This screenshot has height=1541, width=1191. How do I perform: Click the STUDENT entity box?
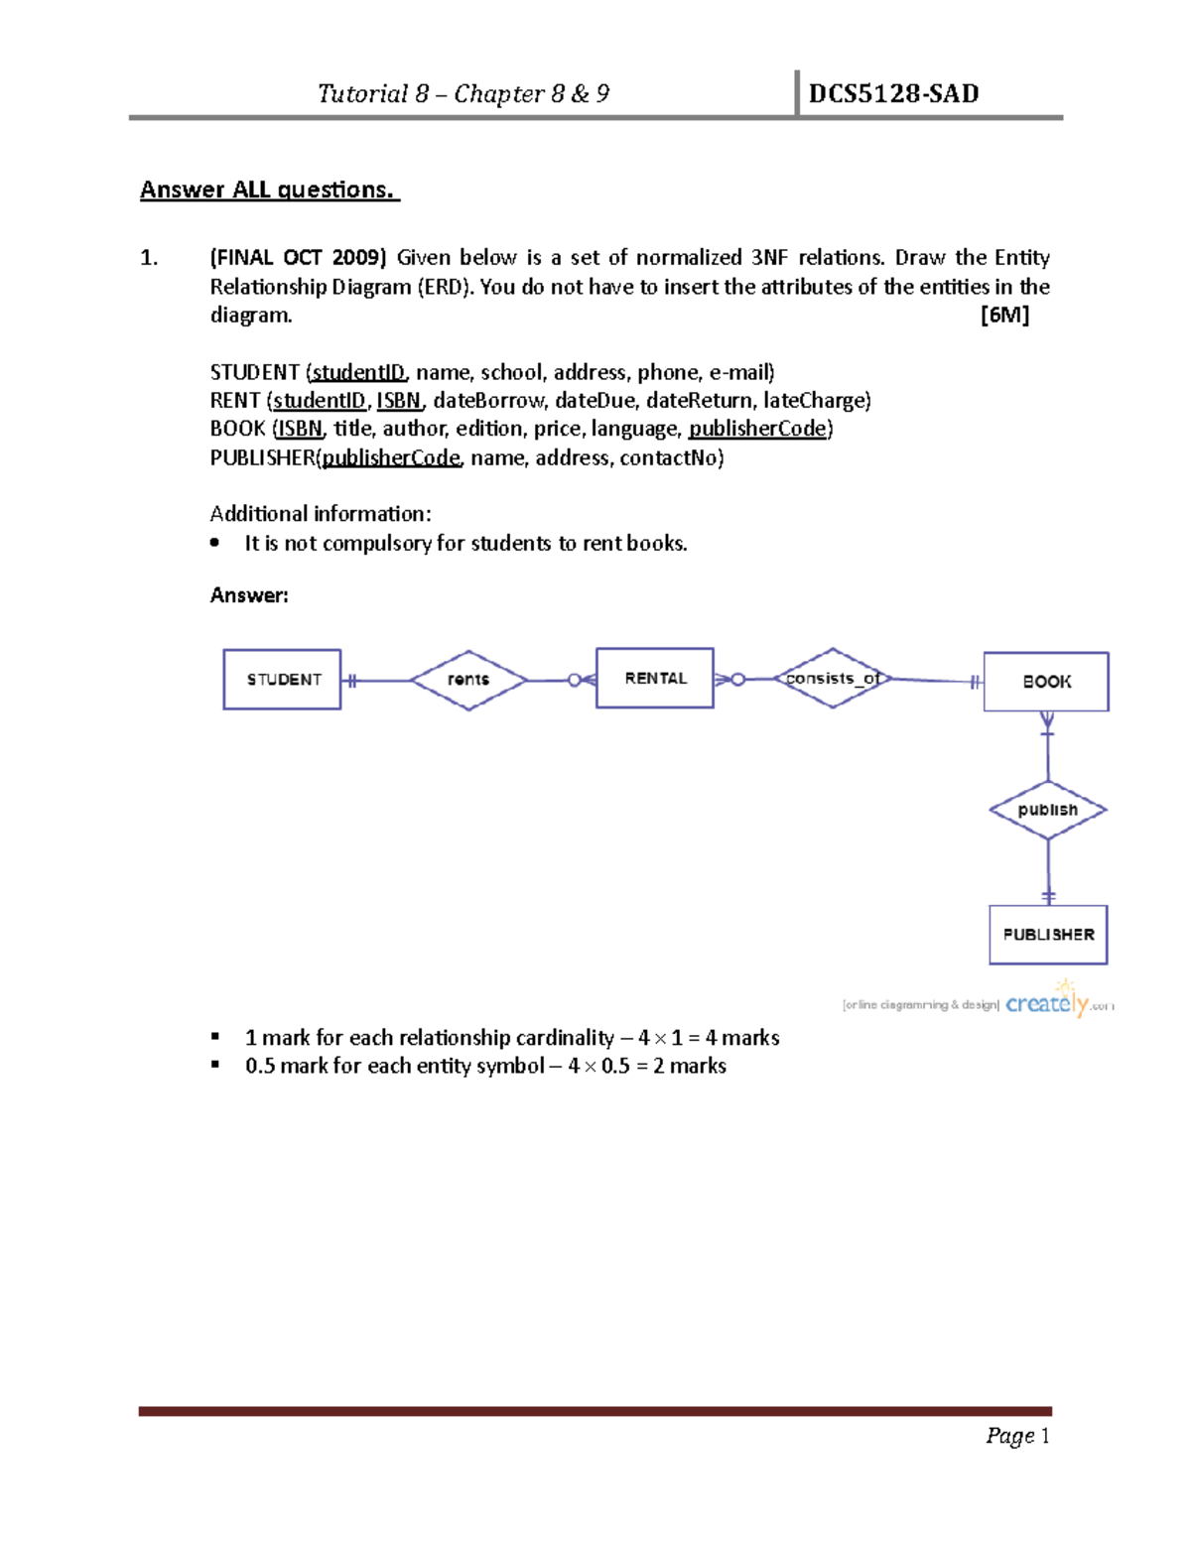[x=283, y=680]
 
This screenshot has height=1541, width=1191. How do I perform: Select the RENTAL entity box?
[x=655, y=678]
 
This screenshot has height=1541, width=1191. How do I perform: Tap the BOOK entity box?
[x=1046, y=682]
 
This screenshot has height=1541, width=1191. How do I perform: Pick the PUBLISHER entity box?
[x=1048, y=935]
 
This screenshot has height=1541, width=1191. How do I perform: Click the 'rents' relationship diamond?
[x=468, y=680]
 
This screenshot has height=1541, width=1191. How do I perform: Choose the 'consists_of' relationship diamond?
[x=832, y=679]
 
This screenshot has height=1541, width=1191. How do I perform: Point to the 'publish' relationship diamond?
[x=1048, y=810]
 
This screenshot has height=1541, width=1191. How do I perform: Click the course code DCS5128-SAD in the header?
[x=893, y=94]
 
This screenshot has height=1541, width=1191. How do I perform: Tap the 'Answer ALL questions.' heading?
[x=269, y=190]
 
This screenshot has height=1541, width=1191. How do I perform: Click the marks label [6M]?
[x=1004, y=316]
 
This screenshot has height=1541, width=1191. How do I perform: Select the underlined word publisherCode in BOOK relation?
[x=757, y=429]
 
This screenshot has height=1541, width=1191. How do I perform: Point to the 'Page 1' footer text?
[x=1017, y=1436]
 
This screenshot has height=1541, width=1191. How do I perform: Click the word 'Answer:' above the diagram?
[x=249, y=595]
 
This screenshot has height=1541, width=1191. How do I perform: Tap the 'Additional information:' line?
[x=321, y=514]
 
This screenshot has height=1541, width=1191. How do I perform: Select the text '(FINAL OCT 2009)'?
[x=298, y=258]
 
